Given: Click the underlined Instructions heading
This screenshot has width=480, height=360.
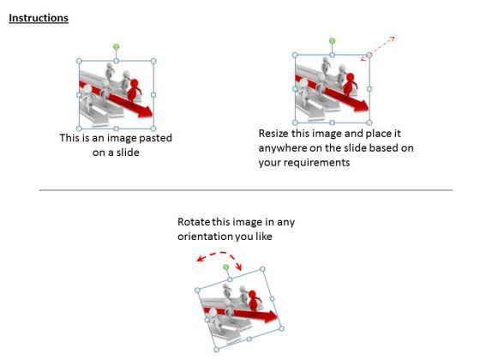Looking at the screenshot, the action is [39, 18].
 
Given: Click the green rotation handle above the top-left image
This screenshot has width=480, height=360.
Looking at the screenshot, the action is [116, 46].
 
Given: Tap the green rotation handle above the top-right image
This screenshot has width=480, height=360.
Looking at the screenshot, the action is [333, 41].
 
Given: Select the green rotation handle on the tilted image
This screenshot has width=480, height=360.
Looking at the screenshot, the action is [226, 267].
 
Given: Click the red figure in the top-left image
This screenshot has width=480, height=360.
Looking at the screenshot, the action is [134, 90].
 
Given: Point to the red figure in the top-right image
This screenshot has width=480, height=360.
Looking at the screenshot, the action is [350, 84].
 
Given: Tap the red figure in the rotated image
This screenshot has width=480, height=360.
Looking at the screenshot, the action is [253, 300].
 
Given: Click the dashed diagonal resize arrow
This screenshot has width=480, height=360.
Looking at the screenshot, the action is [378, 48].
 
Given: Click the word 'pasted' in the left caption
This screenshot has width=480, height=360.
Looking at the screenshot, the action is [155, 138].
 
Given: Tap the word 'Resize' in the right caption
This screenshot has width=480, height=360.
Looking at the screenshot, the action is [273, 134].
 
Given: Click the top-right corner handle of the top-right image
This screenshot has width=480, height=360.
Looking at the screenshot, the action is [369, 55].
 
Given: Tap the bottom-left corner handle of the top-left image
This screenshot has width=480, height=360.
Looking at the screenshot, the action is [79, 129].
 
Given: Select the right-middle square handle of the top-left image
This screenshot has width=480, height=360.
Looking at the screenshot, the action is [153, 95].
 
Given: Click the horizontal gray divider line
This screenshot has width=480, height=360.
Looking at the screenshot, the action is [246, 190].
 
